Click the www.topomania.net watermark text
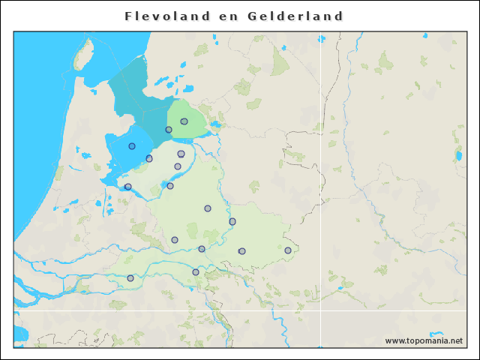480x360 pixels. click(424, 341)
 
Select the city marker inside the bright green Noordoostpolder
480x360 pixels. click(184, 121)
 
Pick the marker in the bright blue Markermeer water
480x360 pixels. click(132, 146)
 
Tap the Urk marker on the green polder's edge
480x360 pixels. click(169, 130)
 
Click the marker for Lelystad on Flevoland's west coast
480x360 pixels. click(149, 158)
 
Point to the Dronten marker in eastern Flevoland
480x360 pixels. click(181, 154)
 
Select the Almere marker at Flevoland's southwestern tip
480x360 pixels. click(128, 187)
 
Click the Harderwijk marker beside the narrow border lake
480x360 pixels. click(170, 186)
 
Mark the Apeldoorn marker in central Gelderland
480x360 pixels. click(208, 208)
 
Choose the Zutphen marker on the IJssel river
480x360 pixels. click(232, 221)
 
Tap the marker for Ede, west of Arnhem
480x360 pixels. click(175, 240)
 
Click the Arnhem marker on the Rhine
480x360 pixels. click(202, 249)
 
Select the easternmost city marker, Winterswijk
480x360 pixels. click(288, 250)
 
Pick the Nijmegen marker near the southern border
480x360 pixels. click(196, 272)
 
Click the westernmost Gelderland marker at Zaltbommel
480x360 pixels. click(130, 278)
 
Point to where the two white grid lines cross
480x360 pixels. click(321, 310)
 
